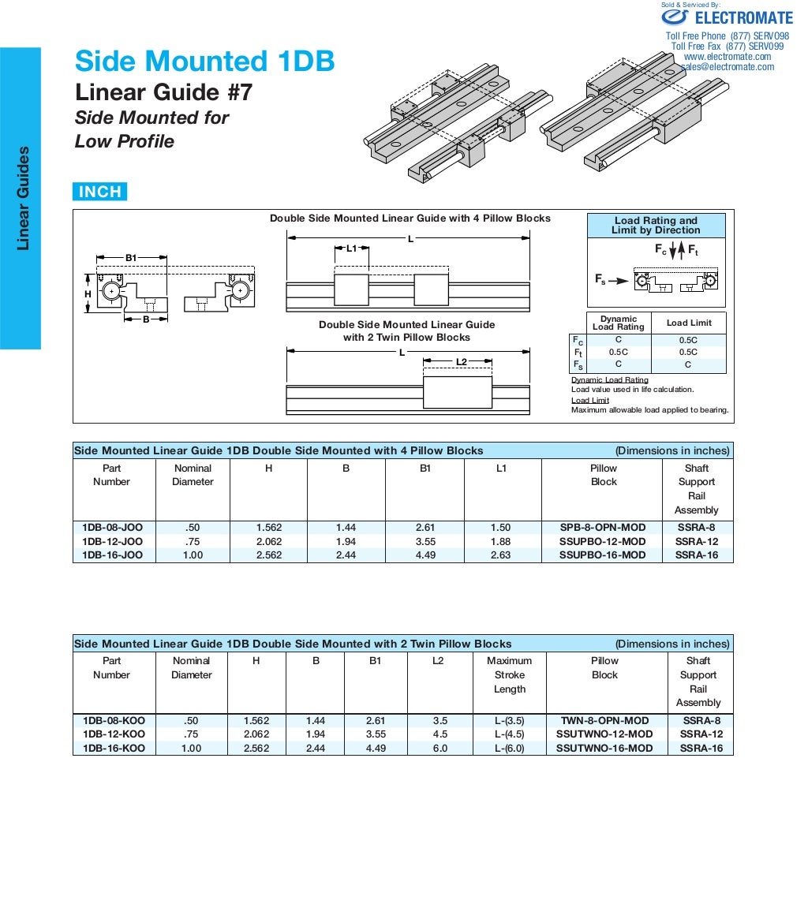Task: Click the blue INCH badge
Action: coord(99,192)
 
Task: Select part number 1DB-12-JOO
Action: coord(112,541)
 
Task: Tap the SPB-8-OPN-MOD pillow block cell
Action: coord(603,528)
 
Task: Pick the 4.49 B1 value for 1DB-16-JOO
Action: coord(425,555)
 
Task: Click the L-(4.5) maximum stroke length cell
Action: coord(509,734)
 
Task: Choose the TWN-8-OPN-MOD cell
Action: coord(604,721)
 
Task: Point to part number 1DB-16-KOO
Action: coord(114,748)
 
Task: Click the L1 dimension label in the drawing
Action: coord(352,248)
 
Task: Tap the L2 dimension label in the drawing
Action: coord(462,362)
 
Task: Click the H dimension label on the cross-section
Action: coord(88,293)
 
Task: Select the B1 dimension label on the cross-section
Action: coord(131,257)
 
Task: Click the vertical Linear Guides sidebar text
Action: coord(23,198)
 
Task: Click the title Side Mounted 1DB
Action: coord(204,61)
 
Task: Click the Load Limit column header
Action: coord(688,323)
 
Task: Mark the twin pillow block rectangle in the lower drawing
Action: coord(457,392)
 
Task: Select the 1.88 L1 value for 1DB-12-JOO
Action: coord(502,541)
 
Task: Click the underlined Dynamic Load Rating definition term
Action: coord(609,380)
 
